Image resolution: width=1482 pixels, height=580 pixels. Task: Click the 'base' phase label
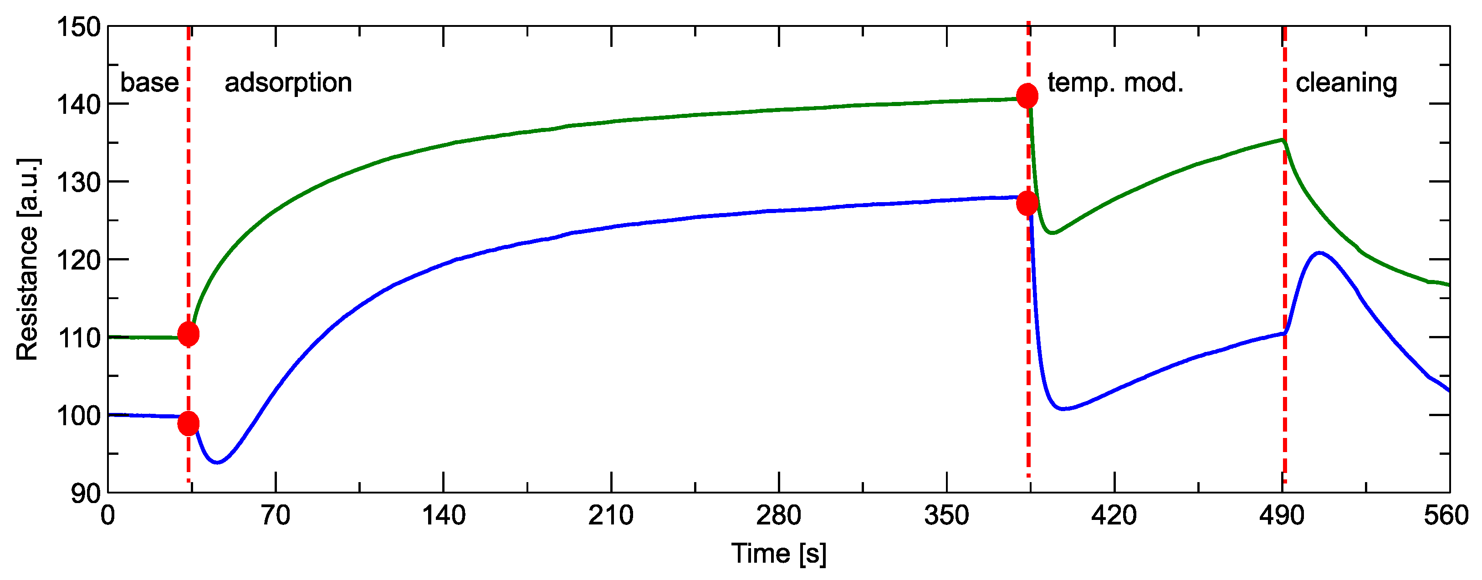[149, 83]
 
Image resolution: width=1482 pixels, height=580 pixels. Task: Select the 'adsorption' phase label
[288, 83]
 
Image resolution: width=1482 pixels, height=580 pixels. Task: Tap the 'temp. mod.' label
[1115, 83]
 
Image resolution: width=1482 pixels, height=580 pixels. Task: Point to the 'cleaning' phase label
[1346, 83]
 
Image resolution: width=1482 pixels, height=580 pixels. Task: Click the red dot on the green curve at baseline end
[188, 334]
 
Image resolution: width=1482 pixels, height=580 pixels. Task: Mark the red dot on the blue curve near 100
[188, 424]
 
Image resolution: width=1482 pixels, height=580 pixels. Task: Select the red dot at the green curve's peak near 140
[1027, 96]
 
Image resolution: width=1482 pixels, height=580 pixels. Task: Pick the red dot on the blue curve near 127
[1027, 203]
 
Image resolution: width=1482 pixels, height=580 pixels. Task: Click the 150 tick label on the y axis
[79, 27]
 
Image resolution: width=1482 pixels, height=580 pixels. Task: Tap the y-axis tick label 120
[79, 260]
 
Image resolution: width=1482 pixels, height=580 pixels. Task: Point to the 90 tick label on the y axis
[86, 493]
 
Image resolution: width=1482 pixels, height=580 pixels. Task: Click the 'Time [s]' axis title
[778, 554]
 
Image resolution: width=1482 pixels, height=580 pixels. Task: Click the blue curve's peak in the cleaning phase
[1318, 253]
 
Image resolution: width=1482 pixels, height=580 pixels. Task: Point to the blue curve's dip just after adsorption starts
[217, 462]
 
